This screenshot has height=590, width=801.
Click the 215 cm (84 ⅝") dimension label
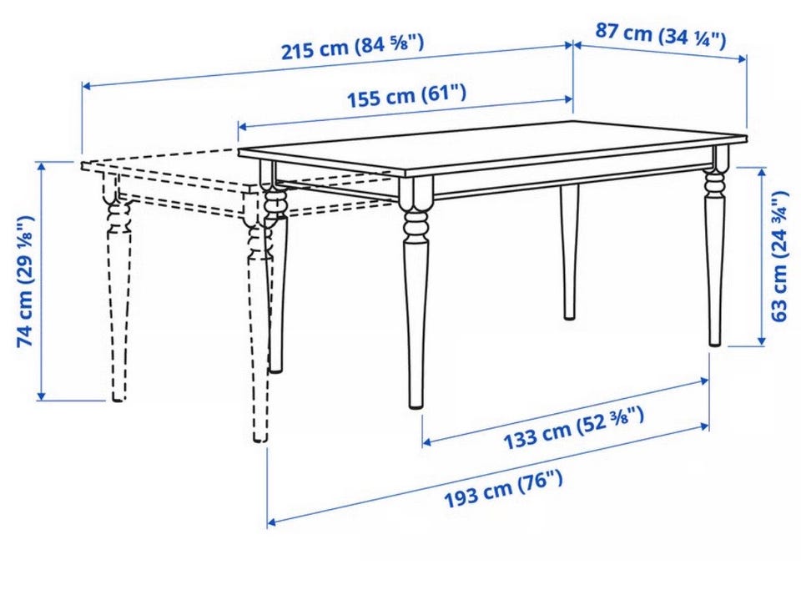pyautogui.click(x=352, y=47)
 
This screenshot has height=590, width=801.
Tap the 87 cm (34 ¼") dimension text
pyautogui.click(x=661, y=35)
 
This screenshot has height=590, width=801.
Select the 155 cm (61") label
pyautogui.click(x=406, y=95)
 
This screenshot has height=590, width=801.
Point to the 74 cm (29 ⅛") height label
pyautogui.click(x=26, y=281)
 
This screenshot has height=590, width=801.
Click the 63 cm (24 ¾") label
pyautogui.click(x=778, y=256)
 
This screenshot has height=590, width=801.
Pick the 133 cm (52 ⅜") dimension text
pyautogui.click(x=573, y=427)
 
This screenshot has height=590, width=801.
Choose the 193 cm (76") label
pyautogui.click(x=503, y=489)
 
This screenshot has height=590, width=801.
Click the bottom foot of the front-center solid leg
pyautogui.click(x=416, y=405)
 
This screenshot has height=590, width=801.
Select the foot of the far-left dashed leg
pyautogui.click(x=118, y=398)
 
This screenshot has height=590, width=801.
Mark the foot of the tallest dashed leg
pyautogui.click(x=260, y=437)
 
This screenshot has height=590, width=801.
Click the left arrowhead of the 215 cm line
pyautogui.click(x=86, y=86)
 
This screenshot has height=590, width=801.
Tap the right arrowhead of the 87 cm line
pyautogui.click(x=743, y=60)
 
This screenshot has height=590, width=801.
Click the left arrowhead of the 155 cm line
pyautogui.click(x=243, y=126)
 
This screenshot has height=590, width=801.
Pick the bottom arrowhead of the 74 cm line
pyautogui.click(x=42, y=396)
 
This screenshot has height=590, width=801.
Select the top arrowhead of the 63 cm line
pyautogui.click(x=762, y=172)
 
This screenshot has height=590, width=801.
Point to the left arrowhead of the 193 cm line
pyautogui.click(x=271, y=522)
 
